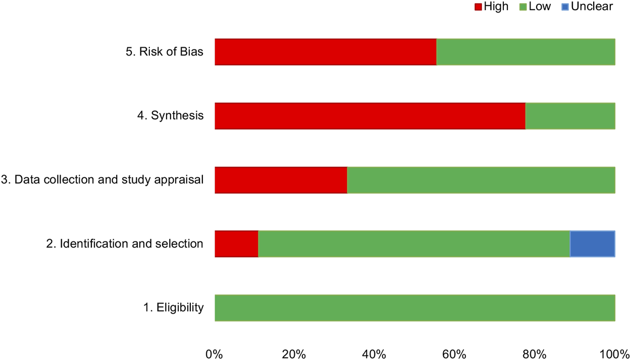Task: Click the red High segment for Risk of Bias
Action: coord(325,52)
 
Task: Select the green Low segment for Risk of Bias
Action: coord(525,52)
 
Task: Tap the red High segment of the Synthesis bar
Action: coord(370,116)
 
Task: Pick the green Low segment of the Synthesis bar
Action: coord(570,116)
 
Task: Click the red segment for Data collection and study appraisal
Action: coord(281,180)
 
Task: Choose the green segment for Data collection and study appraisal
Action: coord(481,180)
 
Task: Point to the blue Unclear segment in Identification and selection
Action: coord(592,244)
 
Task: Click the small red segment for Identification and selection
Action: coord(236,244)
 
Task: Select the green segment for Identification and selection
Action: coord(414,244)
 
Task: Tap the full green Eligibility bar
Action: coord(414,308)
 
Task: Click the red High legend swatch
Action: coord(478,7)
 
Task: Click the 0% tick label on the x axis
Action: coord(215,353)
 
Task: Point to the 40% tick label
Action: coord(374,353)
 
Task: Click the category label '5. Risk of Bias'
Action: coord(164,52)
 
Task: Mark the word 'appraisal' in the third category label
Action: coord(180,180)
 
